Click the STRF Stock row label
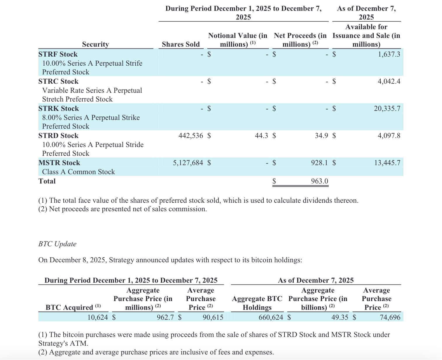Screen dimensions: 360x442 point(58,54)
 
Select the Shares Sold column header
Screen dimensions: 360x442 point(181,44)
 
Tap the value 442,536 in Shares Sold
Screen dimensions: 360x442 point(190,136)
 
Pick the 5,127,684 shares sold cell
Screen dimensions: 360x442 point(188,163)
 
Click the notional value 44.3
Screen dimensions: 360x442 point(261,136)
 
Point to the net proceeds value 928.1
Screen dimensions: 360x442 point(319,163)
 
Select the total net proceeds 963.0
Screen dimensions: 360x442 point(319,181)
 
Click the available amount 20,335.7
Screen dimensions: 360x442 point(387,109)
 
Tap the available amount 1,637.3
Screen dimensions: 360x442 point(389,54)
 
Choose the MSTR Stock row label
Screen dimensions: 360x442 point(59,163)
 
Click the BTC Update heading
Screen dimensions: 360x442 point(57,244)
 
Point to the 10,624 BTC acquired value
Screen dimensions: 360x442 point(98,317)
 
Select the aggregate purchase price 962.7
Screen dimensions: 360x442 point(165,317)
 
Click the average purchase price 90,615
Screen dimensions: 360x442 point(213,317)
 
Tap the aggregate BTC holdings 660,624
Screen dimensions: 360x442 point(271,317)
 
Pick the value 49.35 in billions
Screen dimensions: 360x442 point(340,317)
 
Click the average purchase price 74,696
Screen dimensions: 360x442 point(390,317)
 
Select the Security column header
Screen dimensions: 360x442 point(95,44)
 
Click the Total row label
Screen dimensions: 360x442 point(47,181)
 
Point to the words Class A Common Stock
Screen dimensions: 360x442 point(79,172)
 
